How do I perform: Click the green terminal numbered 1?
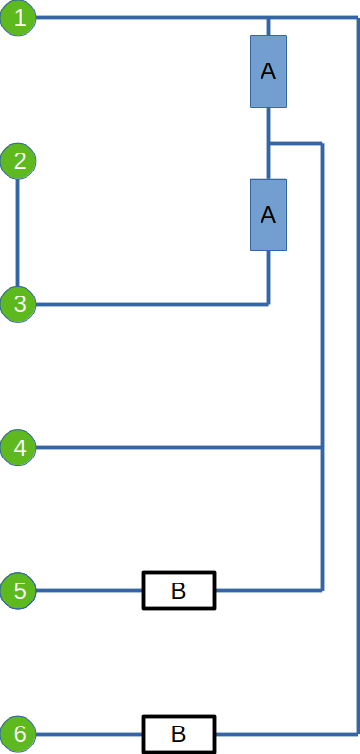pos(18,18)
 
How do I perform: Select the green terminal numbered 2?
pos(18,161)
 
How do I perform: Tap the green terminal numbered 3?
pos(18,304)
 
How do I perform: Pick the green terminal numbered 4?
pos(18,448)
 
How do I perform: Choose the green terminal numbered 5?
pos(18,590)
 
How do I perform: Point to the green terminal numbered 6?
pos(18,734)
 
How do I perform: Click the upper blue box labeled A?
pos(268,71)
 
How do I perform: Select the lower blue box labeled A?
pos(268,215)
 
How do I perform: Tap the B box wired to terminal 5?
pos(179,590)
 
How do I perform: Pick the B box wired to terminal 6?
pos(179,734)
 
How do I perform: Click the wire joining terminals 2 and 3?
pos(18,233)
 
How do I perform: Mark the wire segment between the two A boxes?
pos(269,143)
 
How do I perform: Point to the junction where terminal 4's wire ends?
pos(322,448)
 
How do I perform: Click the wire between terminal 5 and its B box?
pos(89,590)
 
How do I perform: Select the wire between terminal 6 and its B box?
pos(89,734)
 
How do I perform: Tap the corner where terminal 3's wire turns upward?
pos(269,304)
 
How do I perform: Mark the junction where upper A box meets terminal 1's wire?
pos(269,18)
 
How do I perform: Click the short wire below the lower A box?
pos(269,278)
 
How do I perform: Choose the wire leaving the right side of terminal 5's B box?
pos(269,590)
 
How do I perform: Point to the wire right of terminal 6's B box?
pos(287,734)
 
